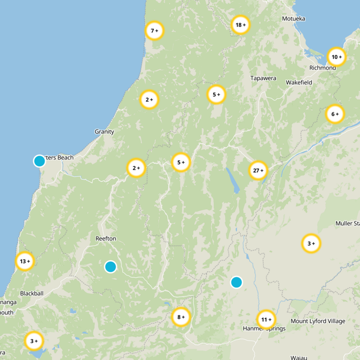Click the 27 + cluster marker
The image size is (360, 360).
point(258,171)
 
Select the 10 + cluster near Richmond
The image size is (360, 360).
point(337,57)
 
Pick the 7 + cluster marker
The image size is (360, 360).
point(154,31)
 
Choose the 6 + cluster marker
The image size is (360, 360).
point(335,114)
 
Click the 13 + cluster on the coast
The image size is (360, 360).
point(25,261)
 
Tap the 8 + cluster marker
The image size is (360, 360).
point(181,317)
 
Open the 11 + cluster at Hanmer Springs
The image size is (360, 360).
point(266,320)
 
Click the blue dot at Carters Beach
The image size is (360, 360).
point(40,161)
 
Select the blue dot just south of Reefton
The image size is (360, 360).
point(111,267)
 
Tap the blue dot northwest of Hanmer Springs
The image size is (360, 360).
point(236,282)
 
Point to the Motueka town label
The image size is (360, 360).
point(293,19)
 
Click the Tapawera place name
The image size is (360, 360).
point(263,78)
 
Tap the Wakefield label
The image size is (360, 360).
point(299,83)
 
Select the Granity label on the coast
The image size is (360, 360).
point(104,132)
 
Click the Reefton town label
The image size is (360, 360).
point(106,238)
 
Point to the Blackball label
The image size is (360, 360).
point(31,293)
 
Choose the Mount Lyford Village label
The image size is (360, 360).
point(318,321)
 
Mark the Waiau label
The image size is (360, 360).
point(298,358)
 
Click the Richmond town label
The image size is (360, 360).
point(322,68)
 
